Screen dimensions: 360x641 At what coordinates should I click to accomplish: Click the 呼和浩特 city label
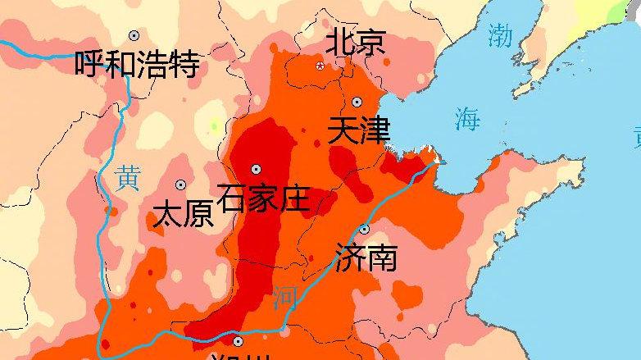pyautogui.click(x=137, y=64)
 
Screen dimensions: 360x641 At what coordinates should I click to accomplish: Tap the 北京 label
pyautogui.click(x=356, y=42)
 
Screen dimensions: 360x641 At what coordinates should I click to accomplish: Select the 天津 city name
pyautogui.click(x=358, y=131)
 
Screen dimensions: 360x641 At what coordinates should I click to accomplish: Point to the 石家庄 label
pyautogui.click(x=263, y=197)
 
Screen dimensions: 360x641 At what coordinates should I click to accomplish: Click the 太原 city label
pyautogui.click(x=184, y=215)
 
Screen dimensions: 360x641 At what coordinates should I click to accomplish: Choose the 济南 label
pyautogui.click(x=366, y=257)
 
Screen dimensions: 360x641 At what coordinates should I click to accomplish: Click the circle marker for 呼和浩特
pyautogui.click(x=134, y=35)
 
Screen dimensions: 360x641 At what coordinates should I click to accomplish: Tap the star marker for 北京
pyautogui.click(x=320, y=65)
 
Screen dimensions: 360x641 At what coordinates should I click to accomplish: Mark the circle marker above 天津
pyautogui.click(x=357, y=102)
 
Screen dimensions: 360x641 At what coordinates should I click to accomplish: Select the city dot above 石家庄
pyautogui.click(x=256, y=168)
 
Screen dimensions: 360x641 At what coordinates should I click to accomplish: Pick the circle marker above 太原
pyautogui.click(x=180, y=185)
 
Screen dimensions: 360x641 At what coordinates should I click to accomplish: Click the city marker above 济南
pyautogui.click(x=365, y=229)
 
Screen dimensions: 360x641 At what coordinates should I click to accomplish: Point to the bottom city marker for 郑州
pyautogui.click(x=238, y=341)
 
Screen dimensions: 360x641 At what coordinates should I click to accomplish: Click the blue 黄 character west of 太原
pyautogui.click(x=127, y=178)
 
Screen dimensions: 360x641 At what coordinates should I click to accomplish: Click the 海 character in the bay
pyautogui.click(x=467, y=120)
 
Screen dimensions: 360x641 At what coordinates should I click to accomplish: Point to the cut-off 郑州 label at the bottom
pyautogui.click(x=238, y=357)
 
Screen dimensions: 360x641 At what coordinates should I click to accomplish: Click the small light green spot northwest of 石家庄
pyautogui.click(x=214, y=126)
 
